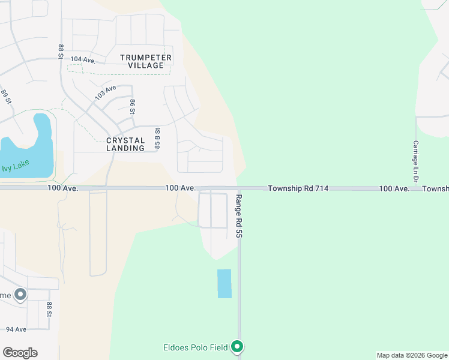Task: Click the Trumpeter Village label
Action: tap(146, 61)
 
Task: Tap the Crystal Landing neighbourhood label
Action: tap(125, 144)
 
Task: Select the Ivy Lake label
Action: tap(15, 167)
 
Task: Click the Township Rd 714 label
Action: tap(298, 188)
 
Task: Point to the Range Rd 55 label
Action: tap(238, 217)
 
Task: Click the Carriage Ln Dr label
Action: tap(415, 161)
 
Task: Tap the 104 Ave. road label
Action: tap(83, 59)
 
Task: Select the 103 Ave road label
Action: tap(105, 92)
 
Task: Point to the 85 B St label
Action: tap(157, 138)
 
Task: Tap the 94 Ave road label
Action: tap(16, 329)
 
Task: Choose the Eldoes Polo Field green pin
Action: tap(238, 346)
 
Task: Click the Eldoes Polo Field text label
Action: tap(196, 347)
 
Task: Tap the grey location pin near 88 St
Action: tap(20, 295)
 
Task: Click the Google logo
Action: tap(20, 353)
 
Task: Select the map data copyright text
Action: tap(412, 355)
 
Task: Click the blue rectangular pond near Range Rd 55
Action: tap(224, 283)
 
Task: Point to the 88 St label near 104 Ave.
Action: tap(61, 51)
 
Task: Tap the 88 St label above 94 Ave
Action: tap(50, 310)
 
